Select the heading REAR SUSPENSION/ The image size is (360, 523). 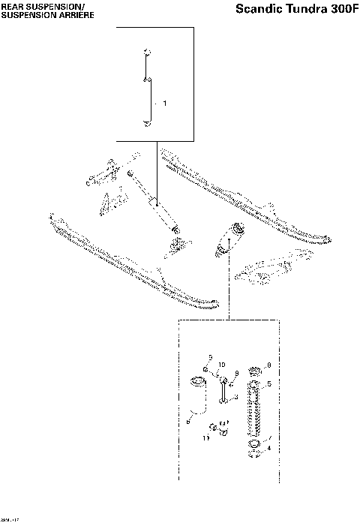click(34, 5)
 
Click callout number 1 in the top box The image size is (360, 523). click(164, 102)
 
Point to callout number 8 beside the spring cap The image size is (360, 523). click(268, 365)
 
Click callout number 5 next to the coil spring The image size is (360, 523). click(268, 383)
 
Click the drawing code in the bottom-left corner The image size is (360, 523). click(10, 518)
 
